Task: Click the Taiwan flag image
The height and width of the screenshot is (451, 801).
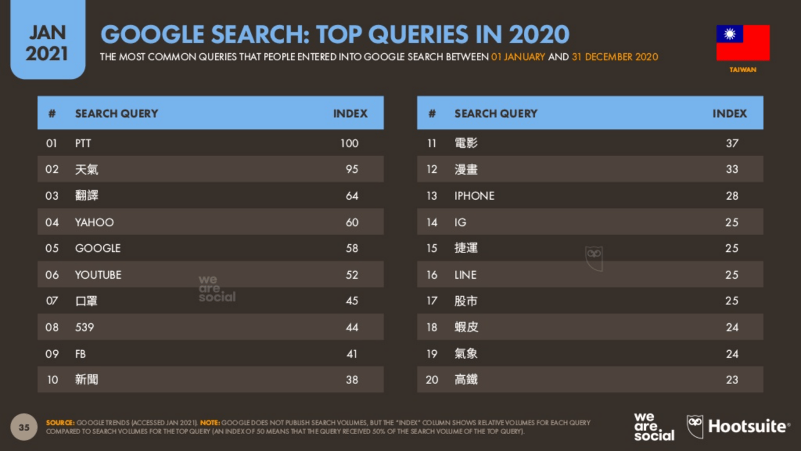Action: click(x=743, y=43)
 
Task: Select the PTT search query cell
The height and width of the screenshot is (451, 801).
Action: click(x=83, y=143)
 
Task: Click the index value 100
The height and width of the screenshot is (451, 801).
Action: click(x=349, y=143)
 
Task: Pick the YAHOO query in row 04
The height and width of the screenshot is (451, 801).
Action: click(x=94, y=222)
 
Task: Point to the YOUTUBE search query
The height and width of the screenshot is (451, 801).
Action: click(x=98, y=275)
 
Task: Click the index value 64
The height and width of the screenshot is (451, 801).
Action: click(x=352, y=196)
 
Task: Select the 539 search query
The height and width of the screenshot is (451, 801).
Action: click(x=84, y=328)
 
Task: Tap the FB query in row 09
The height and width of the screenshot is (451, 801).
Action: click(x=80, y=354)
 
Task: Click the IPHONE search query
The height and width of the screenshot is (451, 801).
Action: click(x=474, y=196)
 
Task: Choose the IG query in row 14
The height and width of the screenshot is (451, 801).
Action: click(x=460, y=222)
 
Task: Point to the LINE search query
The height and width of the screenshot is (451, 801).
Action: click(x=465, y=275)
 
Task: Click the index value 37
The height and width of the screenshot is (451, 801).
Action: click(x=732, y=143)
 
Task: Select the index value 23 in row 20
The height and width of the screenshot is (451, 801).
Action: click(x=732, y=380)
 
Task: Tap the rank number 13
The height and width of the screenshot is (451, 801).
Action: click(x=432, y=196)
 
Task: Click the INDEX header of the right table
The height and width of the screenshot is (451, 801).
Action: click(x=730, y=113)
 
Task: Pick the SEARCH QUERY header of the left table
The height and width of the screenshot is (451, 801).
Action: click(x=116, y=113)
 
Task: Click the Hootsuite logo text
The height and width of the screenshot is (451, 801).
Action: click(x=748, y=427)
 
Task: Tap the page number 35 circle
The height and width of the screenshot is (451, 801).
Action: click(x=24, y=427)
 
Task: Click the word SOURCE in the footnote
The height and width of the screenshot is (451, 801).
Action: click(x=60, y=423)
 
